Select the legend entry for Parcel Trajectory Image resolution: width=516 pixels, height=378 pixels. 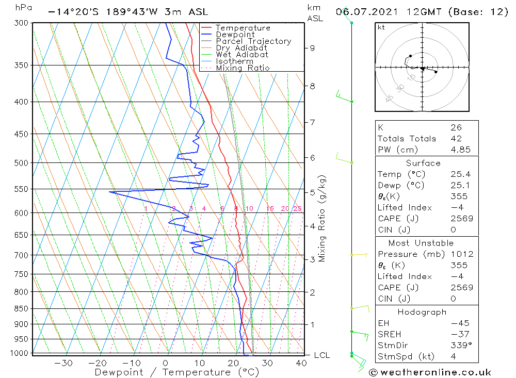[x=253, y=41]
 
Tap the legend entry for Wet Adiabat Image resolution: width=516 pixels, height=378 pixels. [x=241, y=55]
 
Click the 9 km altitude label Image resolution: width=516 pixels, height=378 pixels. [x=312, y=48]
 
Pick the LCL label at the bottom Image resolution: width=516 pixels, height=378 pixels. [x=321, y=355]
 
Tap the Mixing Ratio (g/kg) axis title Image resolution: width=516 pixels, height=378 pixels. [x=322, y=218]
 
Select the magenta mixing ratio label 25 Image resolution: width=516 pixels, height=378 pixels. [x=297, y=208]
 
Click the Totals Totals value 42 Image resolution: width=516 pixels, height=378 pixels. [x=456, y=139]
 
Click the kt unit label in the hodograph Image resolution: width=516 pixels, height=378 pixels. [x=381, y=27]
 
